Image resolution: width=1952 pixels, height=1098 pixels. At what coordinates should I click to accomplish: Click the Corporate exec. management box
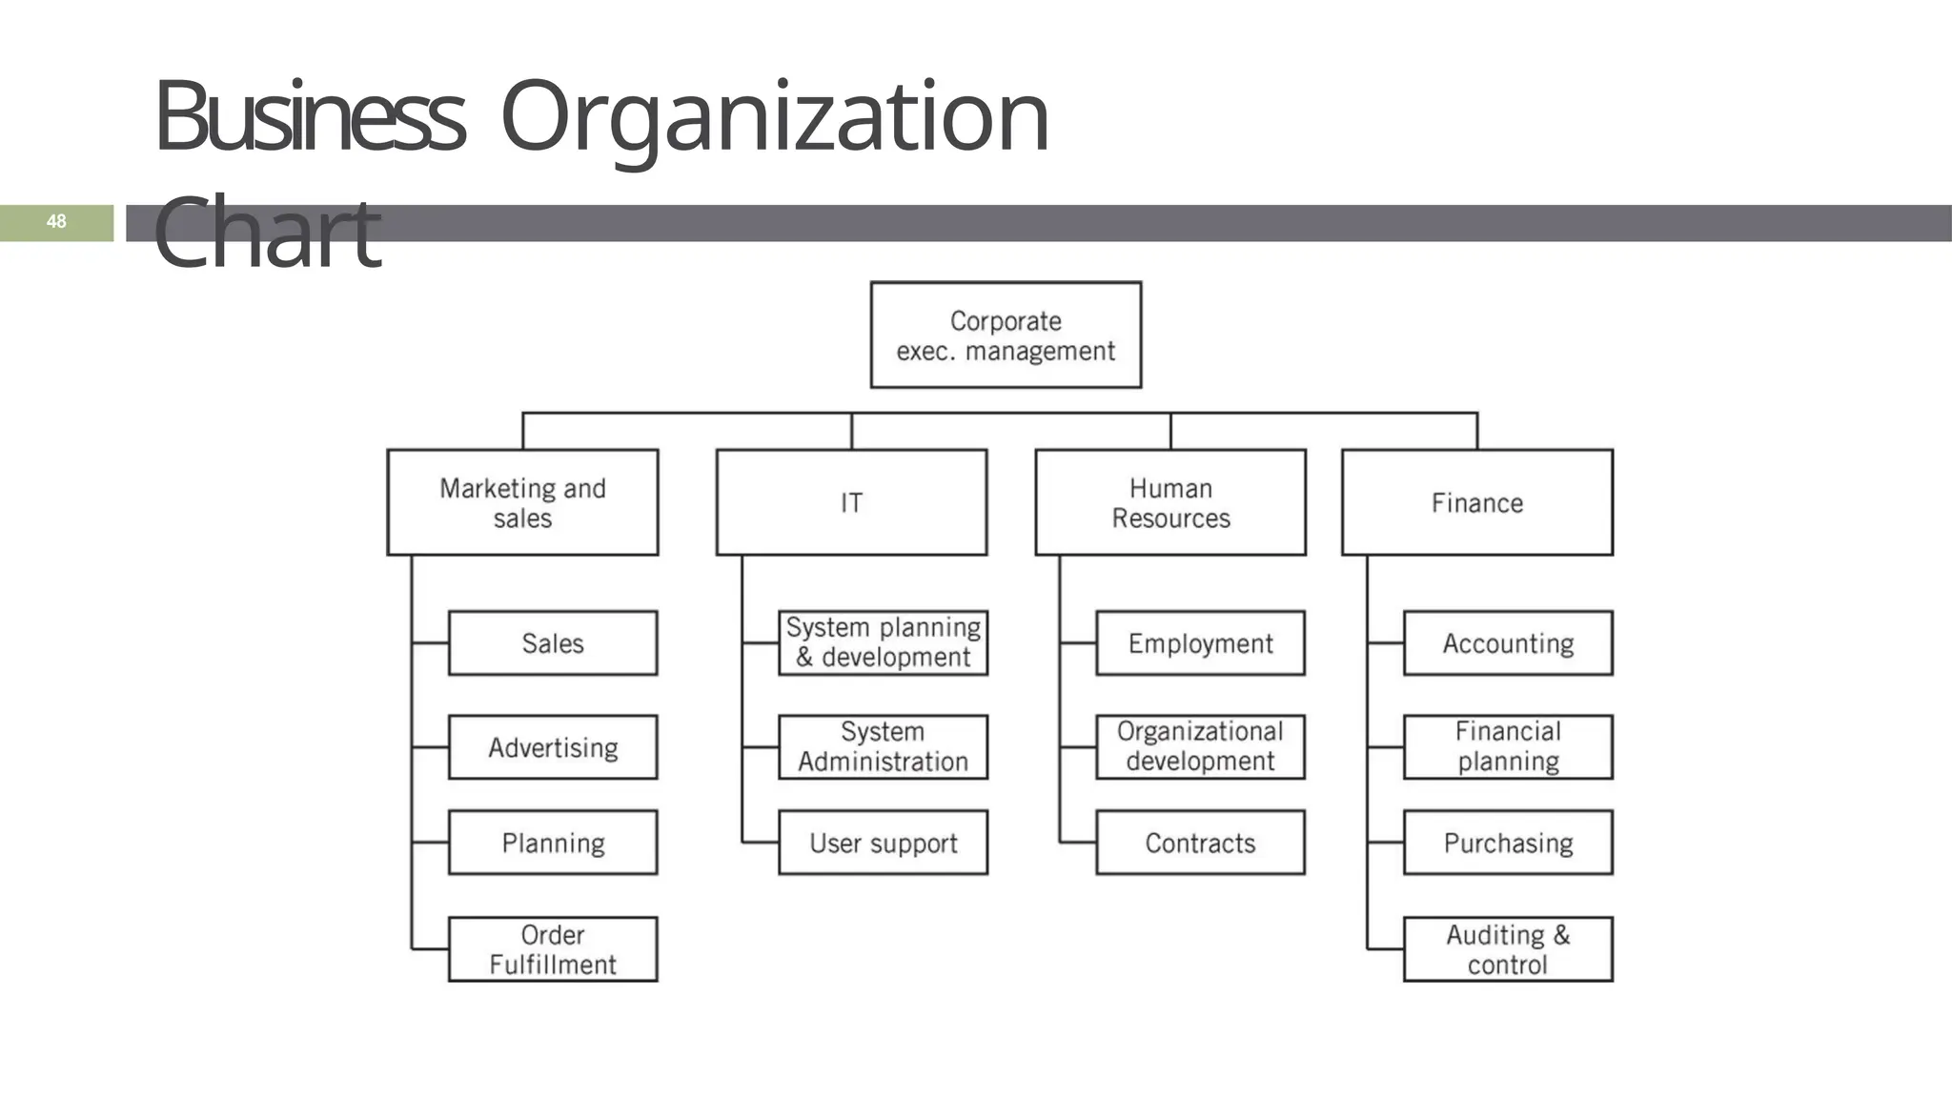pyautogui.click(x=1006, y=335)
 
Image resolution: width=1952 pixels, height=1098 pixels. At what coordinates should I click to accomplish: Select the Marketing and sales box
pyautogui.click(x=522, y=502)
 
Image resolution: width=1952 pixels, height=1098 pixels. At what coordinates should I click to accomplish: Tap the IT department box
pyautogui.click(x=851, y=502)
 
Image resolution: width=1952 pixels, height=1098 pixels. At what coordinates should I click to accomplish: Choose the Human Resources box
pyautogui.click(x=1170, y=502)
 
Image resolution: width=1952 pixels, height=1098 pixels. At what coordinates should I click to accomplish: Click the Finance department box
pyautogui.click(x=1477, y=502)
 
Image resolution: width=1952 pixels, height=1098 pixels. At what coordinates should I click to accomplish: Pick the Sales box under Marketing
pyautogui.click(x=553, y=643)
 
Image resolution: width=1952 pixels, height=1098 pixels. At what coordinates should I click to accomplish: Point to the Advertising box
pyautogui.click(x=553, y=747)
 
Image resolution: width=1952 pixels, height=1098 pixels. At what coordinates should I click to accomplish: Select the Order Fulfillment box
pyautogui.click(x=553, y=949)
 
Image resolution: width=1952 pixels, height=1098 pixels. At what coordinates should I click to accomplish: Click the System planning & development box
pyautogui.click(x=883, y=643)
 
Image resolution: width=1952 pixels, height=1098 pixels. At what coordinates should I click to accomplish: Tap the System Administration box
pyautogui.click(x=883, y=747)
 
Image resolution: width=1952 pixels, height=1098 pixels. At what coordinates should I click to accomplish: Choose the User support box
pyautogui.click(x=883, y=843)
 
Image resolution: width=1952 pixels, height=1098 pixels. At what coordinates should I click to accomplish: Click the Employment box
pyautogui.click(x=1200, y=643)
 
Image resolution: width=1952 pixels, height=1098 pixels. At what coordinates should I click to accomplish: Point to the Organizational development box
pyautogui.click(x=1200, y=747)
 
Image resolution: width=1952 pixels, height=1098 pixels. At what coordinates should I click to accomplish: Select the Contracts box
pyautogui.click(x=1200, y=843)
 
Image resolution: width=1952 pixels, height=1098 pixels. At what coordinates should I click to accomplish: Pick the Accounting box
pyautogui.click(x=1508, y=643)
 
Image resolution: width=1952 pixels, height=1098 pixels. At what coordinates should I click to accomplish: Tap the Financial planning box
pyautogui.click(x=1508, y=747)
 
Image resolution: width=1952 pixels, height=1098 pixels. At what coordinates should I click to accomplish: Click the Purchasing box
pyautogui.click(x=1508, y=843)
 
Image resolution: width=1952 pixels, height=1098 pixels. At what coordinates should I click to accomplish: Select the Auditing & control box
pyautogui.click(x=1508, y=949)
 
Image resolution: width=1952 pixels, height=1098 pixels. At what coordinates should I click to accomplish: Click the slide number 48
pyautogui.click(x=56, y=222)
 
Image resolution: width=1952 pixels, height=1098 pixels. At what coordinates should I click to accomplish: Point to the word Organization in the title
pyautogui.click(x=774, y=119)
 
